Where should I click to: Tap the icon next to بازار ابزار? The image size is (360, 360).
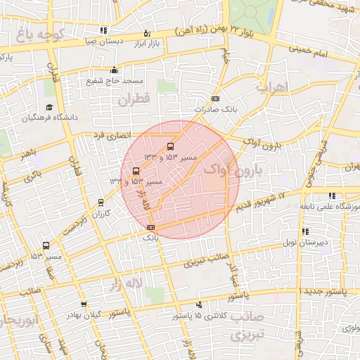146,33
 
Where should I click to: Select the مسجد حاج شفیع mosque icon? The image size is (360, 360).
114,70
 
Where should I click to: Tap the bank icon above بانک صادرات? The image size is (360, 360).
214,99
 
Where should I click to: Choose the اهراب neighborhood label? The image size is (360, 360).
273,89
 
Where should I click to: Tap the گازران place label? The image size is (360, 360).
103,213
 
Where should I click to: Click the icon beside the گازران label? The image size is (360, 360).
101,202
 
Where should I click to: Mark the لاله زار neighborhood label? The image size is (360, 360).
124,284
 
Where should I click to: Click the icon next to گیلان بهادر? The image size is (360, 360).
84,304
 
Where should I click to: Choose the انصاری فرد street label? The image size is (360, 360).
112,135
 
